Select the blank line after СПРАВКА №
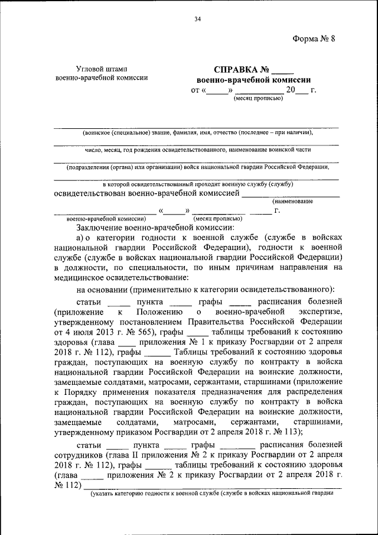point(281,70)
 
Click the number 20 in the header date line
point(290,90)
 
